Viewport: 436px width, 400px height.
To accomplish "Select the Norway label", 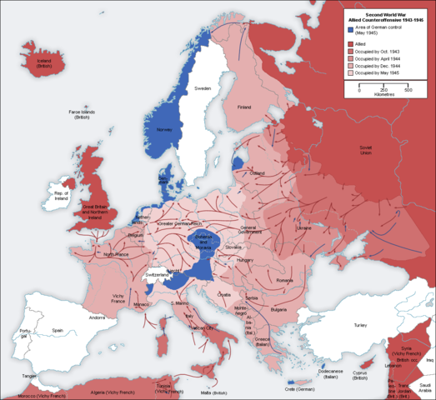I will click(163, 130).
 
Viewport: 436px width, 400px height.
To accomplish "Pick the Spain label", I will click(58, 330).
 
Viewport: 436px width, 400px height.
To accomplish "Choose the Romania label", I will click(285, 282).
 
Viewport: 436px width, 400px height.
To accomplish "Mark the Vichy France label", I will click(114, 298).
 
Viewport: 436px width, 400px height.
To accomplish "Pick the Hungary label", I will click(245, 260).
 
